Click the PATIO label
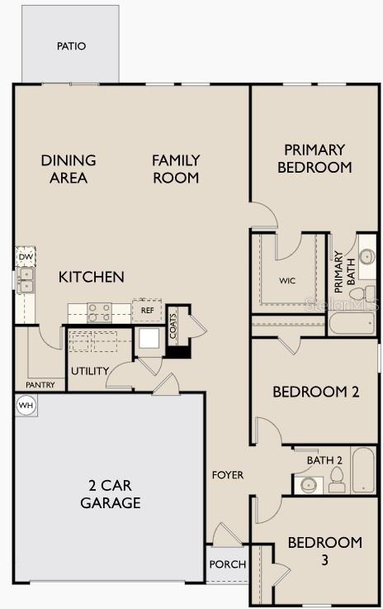(x=71, y=46)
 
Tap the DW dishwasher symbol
(x=26, y=257)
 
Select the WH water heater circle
(x=26, y=406)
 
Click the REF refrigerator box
(x=147, y=311)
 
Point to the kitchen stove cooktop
(x=99, y=312)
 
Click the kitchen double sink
(x=26, y=280)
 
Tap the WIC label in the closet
(x=287, y=280)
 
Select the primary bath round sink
(x=366, y=257)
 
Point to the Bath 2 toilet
(x=337, y=480)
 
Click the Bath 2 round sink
(x=309, y=485)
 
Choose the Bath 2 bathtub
(x=363, y=470)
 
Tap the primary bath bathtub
(x=352, y=323)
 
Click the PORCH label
(x=228, y=564)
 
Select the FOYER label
(x=228, y=475)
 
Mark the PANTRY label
(x=40, y=385)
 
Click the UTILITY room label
(x=90, y=371)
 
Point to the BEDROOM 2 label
(x=316, y=392)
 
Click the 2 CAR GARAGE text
(x=111, y=494)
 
